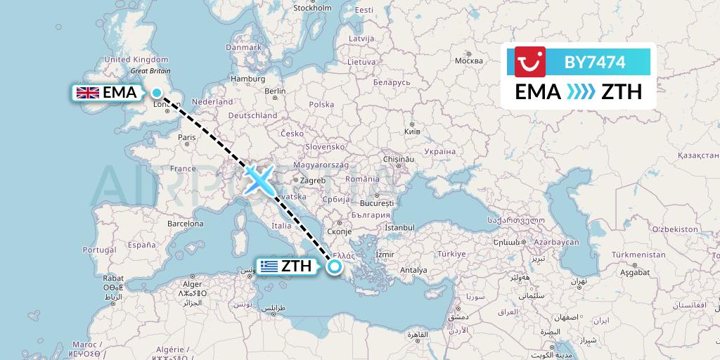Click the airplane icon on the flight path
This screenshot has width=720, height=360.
(x=259, y=179)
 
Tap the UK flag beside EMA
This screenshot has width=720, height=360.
(x=87, y=93)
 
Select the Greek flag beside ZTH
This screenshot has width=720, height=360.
(x=267, y=266)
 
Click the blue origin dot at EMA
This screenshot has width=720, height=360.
(x=156, y=92)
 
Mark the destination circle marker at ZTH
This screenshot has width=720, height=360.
(x=335, y=266)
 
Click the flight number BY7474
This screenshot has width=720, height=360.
(x=595, y=62)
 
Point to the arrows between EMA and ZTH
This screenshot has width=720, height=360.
(x=581, y=92)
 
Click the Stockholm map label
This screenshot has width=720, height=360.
(x=312, y=8)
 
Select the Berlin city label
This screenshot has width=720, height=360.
(x=275, y=91)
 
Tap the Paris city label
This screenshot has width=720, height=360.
(x=186, y=137)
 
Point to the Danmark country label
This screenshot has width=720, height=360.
(x=243, y=47)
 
